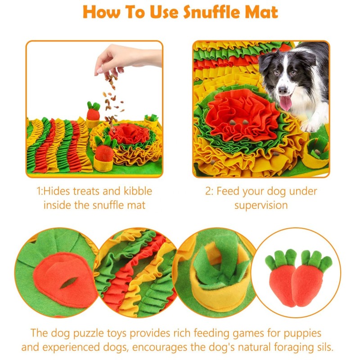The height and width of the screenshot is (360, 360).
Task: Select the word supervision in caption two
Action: coord(261,205)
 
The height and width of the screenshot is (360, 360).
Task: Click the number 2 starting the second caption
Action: coord(208,191)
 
